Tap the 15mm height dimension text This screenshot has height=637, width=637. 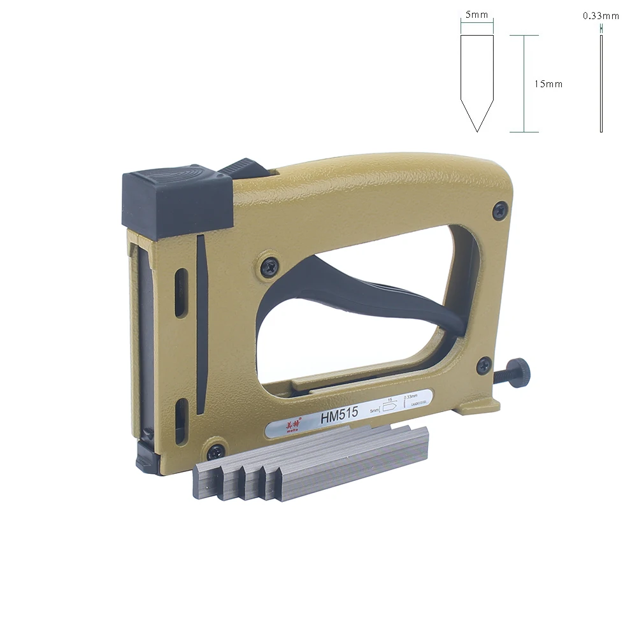coord(548,83)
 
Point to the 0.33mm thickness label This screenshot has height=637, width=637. coord(601,16)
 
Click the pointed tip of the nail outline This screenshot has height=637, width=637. coord(477,130)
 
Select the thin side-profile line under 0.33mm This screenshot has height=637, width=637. coord(601,83)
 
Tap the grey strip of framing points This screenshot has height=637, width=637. coord(312,465)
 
